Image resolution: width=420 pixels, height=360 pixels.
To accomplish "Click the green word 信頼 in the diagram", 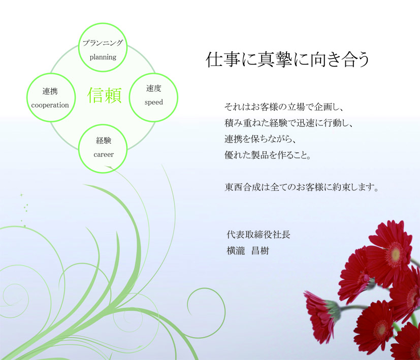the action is [105, 95].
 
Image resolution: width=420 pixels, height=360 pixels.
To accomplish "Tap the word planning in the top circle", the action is [103, 57].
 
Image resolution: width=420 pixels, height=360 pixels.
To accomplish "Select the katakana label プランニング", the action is [103, 43].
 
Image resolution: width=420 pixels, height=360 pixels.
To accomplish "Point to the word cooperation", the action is [50, 105].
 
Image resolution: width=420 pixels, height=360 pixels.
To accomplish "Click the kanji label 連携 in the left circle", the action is [50, 91].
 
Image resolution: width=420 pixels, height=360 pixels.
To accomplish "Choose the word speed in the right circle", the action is [154, 103].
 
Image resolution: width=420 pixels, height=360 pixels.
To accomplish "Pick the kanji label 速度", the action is [154, 88].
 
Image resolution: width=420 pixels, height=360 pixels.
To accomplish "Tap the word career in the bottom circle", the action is [104, 154].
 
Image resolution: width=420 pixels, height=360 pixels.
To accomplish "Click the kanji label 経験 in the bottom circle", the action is [104, 140].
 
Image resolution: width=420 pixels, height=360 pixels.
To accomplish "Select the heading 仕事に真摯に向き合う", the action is [288, 59].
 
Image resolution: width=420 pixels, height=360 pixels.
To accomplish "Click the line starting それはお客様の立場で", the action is [284, 107].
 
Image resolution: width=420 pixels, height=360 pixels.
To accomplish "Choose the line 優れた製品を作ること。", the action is [268, 155].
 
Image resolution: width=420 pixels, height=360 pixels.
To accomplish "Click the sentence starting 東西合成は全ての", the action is [302, 187].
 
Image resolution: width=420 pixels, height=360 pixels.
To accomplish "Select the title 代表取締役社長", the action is [259, 235].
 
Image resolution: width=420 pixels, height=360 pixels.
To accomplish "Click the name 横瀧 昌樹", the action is [248, 251].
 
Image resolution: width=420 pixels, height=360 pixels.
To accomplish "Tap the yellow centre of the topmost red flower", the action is [395, 253].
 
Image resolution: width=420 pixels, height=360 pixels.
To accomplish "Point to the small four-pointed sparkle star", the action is [21, 195].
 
